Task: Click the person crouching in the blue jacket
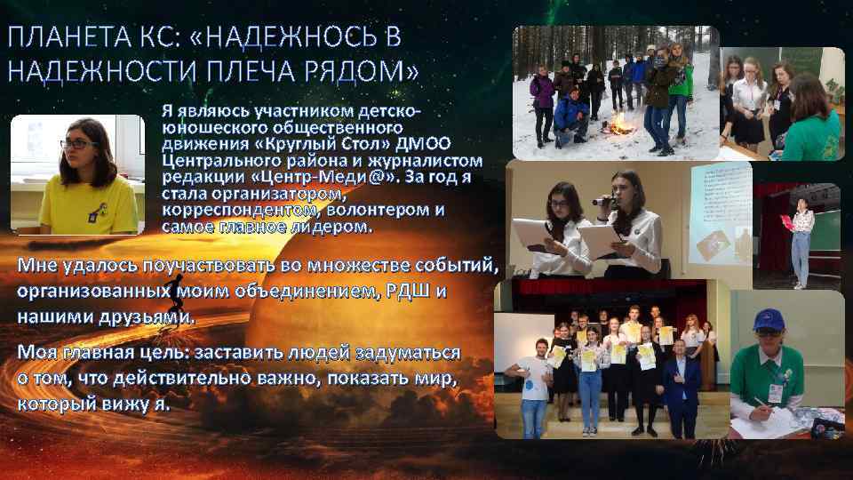coord(570,111)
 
